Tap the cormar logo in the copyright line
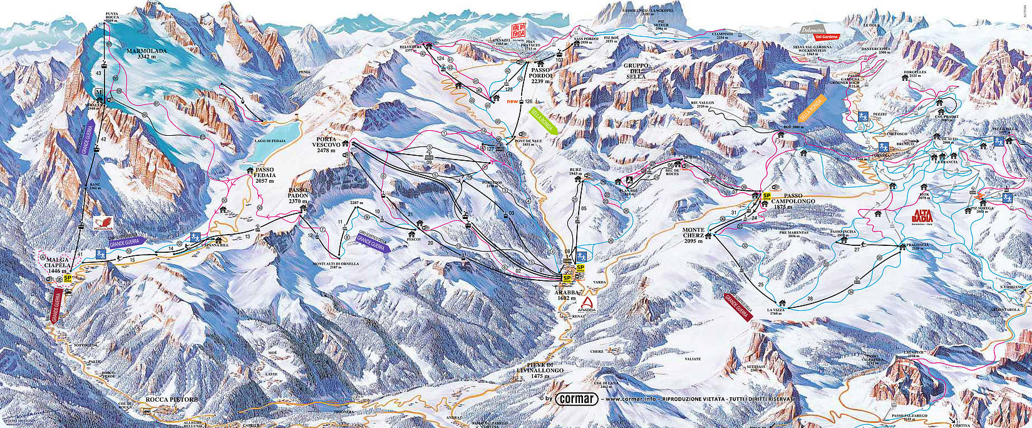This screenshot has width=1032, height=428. (x=576, y=399)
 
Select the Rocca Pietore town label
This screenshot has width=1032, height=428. (x=171, y=399)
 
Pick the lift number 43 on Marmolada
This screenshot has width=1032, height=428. (x=98, y=73)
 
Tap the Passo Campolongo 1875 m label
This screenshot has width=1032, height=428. (x=792, y=200)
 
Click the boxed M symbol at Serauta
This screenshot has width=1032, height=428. (x=98, y=93)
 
